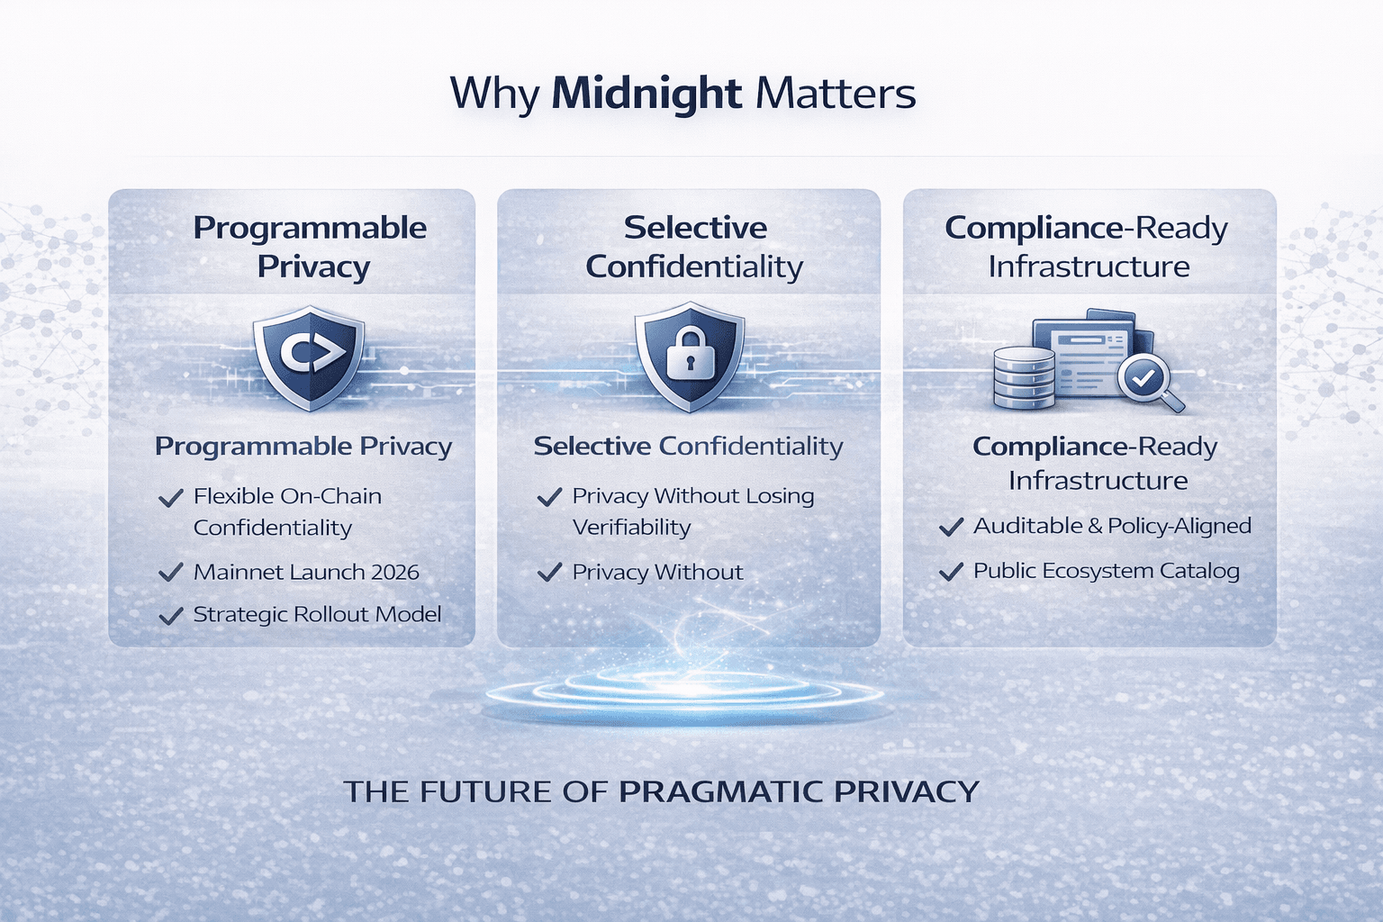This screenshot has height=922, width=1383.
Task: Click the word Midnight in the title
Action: pyautogui.click(x=646, y=95)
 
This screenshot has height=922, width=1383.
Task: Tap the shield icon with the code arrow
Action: pyautogui.click(x=309, y=358)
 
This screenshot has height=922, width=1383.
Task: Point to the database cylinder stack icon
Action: pyautogui.click(x=1025, y=377)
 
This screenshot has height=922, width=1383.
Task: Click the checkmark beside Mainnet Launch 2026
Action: pyautogui.click(x=170, y=573)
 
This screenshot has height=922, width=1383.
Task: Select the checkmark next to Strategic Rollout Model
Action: pyautogui.click(x=170, y=616)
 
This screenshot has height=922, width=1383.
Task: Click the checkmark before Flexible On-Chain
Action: pyautogui.click(x=170, y=497)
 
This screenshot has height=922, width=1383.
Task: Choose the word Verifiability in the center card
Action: pyautogui.click(x=631, y=528)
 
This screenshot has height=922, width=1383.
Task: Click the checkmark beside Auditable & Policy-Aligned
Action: pyautogui.click(x=951, y=527)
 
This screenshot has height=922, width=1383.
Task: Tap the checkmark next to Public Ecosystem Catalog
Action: pyautogui.click(x=951, y=572)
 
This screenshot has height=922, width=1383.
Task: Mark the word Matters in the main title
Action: pyautogui.click(x=836, y=95)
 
